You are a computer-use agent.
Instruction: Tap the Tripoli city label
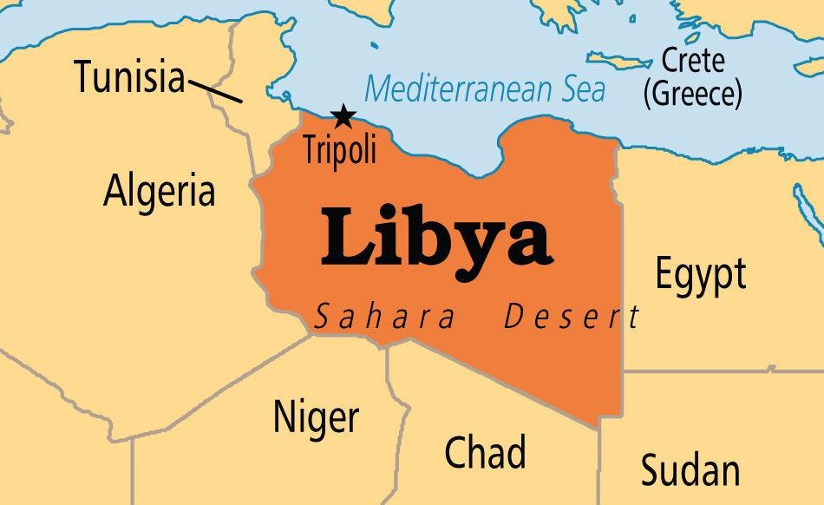point(340,149)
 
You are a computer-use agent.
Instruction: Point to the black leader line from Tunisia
point(215,91)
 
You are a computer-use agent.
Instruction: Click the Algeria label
point(159,191)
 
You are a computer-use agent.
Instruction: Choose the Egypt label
point(700,274)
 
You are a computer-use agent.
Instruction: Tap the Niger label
point(316,417)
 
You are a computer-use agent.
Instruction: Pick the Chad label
point(485,452)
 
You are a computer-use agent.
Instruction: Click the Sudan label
point(690,470)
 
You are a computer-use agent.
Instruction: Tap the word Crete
point(693,61)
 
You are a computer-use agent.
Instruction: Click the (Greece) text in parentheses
point(692,92)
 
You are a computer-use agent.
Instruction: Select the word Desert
point(572,318)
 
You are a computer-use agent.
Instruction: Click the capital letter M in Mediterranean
point(379,89)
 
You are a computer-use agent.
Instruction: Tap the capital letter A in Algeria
point(115,190)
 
